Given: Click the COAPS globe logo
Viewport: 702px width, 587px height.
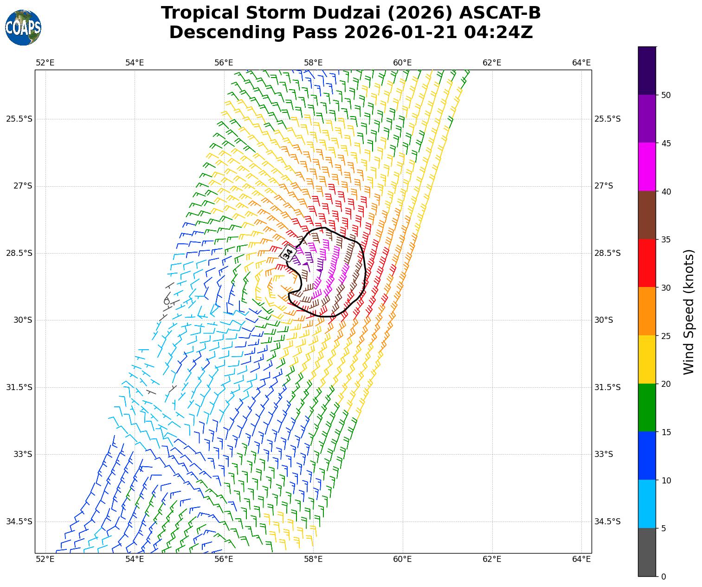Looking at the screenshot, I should [23, 27].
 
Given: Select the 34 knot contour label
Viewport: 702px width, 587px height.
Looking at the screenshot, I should [288, 253].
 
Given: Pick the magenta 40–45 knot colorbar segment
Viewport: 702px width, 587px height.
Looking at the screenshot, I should [647, 167].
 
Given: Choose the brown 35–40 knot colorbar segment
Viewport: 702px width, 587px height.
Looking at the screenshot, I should [647, 215].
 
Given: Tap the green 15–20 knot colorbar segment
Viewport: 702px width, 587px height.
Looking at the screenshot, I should [647, 408].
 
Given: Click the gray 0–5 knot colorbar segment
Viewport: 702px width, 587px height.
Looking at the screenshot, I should [647, 552].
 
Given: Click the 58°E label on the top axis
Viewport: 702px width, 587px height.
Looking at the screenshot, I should [313, 63].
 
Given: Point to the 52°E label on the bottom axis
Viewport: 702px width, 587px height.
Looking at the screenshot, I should [45, 559].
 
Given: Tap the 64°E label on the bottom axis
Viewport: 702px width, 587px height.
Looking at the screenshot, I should [581, 559].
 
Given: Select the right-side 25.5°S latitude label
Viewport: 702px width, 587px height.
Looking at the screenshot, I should [607, 119].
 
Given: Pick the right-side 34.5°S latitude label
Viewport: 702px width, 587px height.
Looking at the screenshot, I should [607, 522].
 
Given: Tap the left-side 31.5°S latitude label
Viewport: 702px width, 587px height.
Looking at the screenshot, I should [19, 387].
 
